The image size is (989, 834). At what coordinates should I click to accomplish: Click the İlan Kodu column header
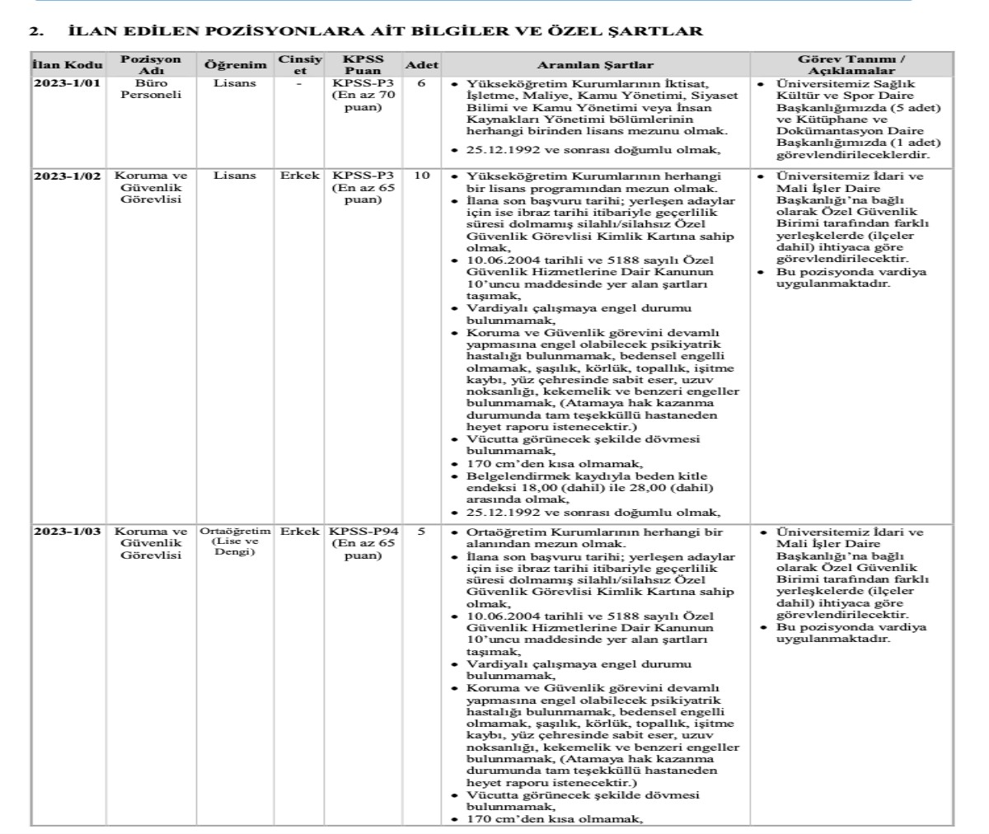pos(68,65)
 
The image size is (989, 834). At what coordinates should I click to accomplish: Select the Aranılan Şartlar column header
pos(595,65)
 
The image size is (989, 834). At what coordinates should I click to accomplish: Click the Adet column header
pos(420,65)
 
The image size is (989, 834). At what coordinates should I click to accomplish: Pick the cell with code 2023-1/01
pos(68,83)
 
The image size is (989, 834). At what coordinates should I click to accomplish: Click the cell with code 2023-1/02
pos(68,176)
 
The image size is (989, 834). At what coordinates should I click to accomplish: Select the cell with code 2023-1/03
pos(68,532)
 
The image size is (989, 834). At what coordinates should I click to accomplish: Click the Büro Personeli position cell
pos(150,88)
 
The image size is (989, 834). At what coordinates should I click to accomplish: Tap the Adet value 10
pos(421,176)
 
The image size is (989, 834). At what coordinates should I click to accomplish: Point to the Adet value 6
pos(421,83)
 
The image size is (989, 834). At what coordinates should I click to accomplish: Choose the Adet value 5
pos(421,532)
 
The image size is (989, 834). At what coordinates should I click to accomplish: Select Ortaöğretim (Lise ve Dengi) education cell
pos(235,541)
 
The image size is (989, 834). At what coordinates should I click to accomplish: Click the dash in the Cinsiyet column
pos(299,83)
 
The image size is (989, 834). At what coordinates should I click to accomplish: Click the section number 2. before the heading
pos(35,32)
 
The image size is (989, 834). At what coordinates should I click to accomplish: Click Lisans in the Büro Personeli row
pos(235,83)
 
